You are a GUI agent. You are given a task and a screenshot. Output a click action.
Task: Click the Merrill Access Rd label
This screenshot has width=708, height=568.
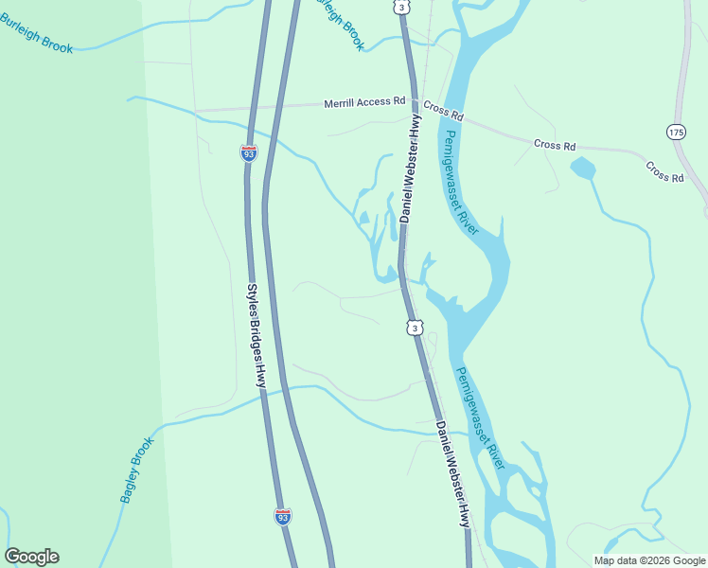pyautogui.click(x=364, y=101)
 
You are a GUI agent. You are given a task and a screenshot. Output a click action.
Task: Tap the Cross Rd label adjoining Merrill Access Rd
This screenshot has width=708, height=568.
pyautogui.click(x=444, y=111)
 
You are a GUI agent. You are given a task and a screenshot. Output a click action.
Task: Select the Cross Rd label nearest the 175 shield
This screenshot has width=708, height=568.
pyautogui.click(x=664, y=171)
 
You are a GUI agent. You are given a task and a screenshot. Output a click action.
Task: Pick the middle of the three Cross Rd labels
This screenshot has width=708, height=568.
pyautogui.click(x=555, y=146)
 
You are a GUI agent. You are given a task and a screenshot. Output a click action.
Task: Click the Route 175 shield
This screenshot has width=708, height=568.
pyautogui.click(x=676, y=131)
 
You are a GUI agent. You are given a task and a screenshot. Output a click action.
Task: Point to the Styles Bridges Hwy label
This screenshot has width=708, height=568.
pyautogui.click(x=256, y=336)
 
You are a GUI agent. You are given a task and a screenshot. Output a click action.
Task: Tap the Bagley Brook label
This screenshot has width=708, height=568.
pyautogui.click(x=136, y=470)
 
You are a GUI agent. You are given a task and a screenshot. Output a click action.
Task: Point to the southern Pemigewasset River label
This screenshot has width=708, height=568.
pyautogui.click(x=481, y=417)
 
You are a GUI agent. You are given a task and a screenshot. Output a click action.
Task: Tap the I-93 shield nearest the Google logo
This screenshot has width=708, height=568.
pyautogui.click(x=283, y=516)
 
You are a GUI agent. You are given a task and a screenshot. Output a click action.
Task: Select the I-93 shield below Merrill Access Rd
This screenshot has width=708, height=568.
pyautogui.click(x=248, y=151)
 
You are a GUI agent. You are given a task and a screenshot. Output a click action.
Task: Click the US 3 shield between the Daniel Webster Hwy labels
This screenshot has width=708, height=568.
pyautogui.click(x=415, y=328)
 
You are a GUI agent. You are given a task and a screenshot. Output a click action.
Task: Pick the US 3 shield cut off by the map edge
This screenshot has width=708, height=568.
pyautogui.click(x=402, y=6)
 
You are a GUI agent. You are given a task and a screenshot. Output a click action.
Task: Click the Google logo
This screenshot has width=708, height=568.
pyautogui.click(x=31, y=557)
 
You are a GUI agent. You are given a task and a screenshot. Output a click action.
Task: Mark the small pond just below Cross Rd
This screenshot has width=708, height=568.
pyautogui.click(x=583, y=169)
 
